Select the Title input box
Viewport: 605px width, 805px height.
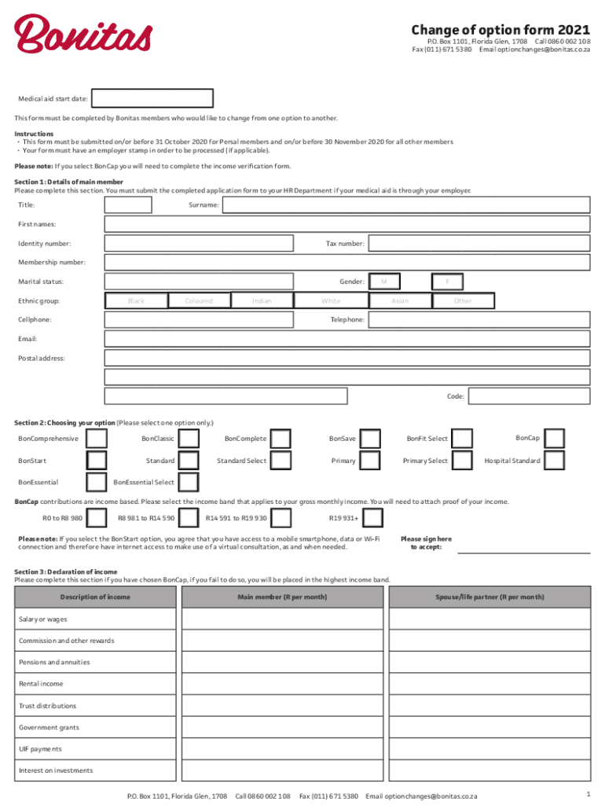coord(128,205)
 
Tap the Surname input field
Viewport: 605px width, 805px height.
coord(405,205)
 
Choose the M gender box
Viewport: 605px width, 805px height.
coord(384,281)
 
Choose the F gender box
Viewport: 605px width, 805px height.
coord(447,281)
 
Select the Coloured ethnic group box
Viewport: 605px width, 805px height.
coord(199,300)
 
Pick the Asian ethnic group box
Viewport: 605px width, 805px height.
coord(400,300)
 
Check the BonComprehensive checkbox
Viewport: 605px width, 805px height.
coord(96,439)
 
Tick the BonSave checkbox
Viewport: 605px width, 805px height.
coord(371,439)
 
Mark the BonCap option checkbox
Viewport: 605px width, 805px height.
coord(554,439)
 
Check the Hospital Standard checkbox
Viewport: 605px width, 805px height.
coord(554,461)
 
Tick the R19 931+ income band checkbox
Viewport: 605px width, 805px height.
coord(373,518)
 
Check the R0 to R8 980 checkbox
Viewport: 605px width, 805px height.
coord(96,518)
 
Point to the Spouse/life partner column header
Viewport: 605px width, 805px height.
coord(490,597)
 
